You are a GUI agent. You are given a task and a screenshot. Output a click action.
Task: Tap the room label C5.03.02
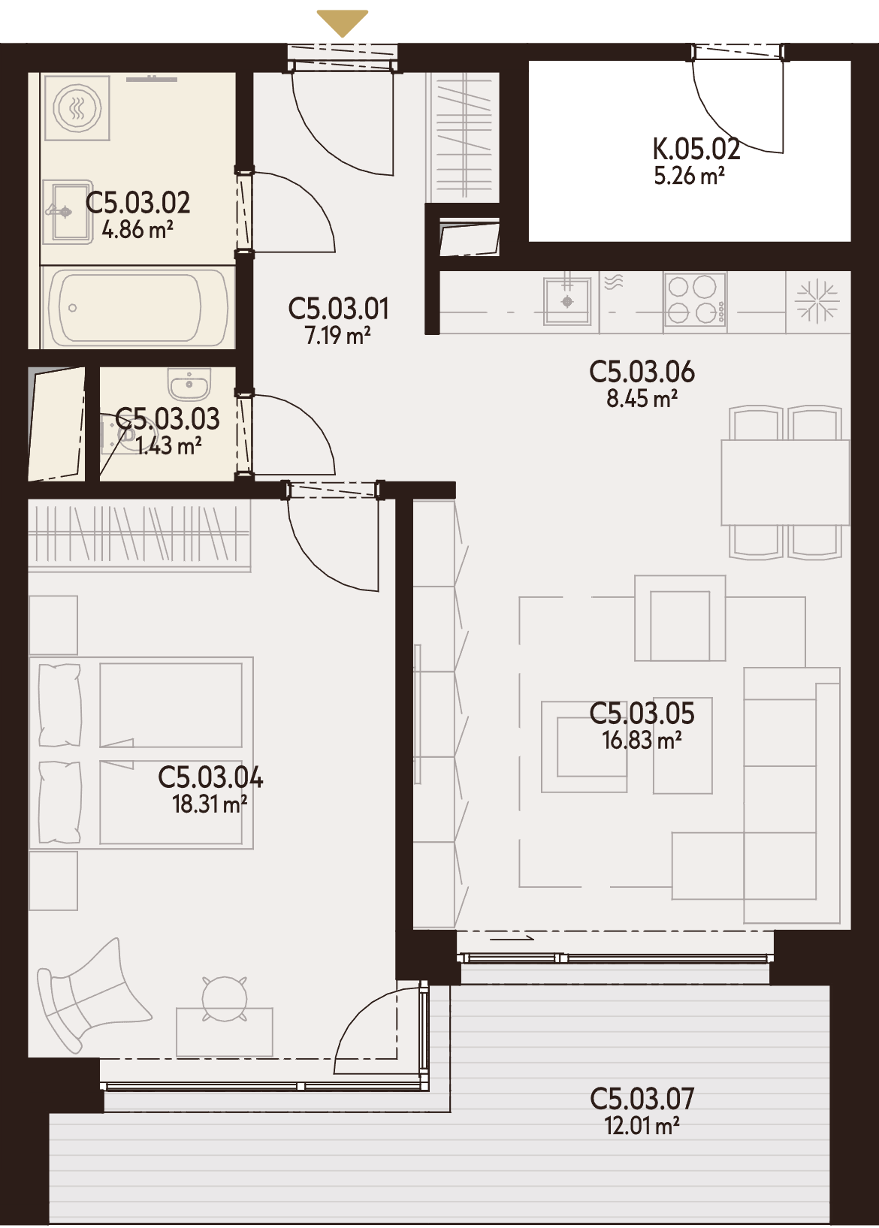click(x=137, y=203)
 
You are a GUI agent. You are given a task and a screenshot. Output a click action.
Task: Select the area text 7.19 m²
click(x=338, y=335)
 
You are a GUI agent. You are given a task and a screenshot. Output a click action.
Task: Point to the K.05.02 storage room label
click(x=696, y=149)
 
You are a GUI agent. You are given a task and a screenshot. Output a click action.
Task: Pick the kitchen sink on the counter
click(x=567, y=301)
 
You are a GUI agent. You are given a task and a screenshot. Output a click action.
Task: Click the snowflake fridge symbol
click(x=817, y=301)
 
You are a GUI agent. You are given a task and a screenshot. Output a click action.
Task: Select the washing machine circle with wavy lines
click(x=77, y=107)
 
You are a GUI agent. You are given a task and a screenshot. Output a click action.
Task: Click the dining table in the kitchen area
click(x=785, y=482)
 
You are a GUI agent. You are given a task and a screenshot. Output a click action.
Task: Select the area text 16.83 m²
click(x=642, y=740)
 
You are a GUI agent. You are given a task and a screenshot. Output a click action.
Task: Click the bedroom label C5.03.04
click(x=210, y=777)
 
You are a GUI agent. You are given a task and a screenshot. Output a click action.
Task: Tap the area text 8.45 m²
click(x=642, y=399)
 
